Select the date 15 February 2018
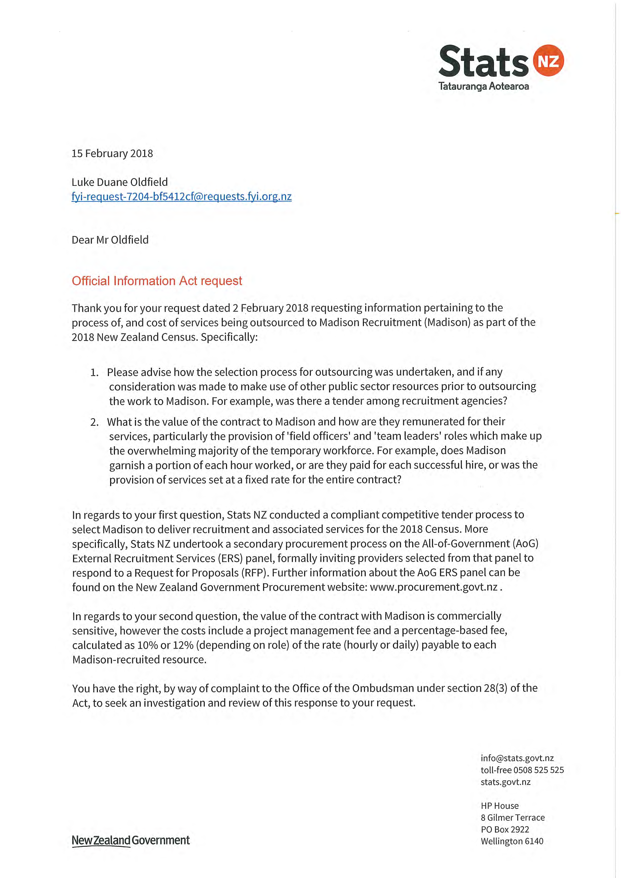[x=112, y=154]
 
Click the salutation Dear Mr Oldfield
[x=110, y=240]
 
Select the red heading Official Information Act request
[x=157, y=281]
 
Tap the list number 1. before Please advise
[x=94, y=372]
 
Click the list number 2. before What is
[x=94, y=422]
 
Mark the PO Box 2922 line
[x=505, y=829]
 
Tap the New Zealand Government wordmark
[x=130, y=840]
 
